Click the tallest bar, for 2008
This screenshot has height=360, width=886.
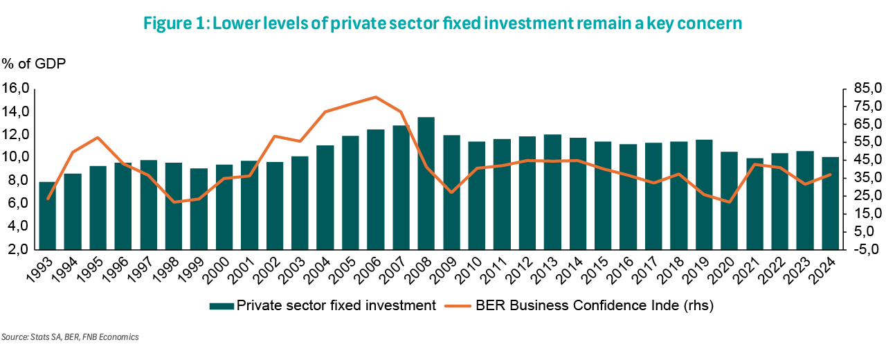tap(426, 183)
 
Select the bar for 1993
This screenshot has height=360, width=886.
tap(48, 215)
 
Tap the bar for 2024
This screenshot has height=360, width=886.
tap(830, 204)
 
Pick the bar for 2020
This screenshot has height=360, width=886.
tap(729, 201)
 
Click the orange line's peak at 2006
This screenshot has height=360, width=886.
tap(375, 97)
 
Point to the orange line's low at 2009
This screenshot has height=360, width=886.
tap(451, 192)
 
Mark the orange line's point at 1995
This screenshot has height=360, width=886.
tap(98, 138)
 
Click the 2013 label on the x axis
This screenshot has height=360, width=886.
tap(545, 271)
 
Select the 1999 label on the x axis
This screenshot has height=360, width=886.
tap(192, 271)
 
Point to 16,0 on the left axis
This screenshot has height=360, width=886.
tap(16, 88)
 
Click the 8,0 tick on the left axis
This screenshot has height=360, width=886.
tap(16, 180)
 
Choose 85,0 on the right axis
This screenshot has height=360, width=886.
tap(868, 88)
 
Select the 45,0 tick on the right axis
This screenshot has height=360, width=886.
tap(868, 159)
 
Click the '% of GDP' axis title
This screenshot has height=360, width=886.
tap(34, 63)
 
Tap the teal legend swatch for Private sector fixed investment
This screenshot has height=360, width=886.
tap(221, 306)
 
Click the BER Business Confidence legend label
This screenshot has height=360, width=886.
tap(595, 305)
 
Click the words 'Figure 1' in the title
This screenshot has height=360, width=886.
tap(175, 24)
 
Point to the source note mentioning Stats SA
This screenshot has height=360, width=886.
tap(70, 336)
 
